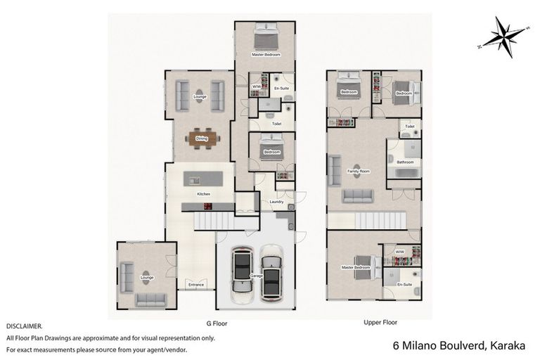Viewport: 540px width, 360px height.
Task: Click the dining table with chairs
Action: [202, 139]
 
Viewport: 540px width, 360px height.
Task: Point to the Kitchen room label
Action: [203, 194]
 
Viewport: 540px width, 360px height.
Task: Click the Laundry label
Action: [276, 202]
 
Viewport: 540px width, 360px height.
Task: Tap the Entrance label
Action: [195, 285]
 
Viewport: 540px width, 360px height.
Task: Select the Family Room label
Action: [359, 171]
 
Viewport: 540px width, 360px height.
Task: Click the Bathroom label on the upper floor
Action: [405, 162]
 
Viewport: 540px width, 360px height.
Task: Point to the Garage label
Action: [257, 276]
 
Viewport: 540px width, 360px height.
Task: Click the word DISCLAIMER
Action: [24, 327]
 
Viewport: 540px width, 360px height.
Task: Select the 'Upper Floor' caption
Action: [380, 323]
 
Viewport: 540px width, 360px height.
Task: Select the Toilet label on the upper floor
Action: [409, 127]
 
